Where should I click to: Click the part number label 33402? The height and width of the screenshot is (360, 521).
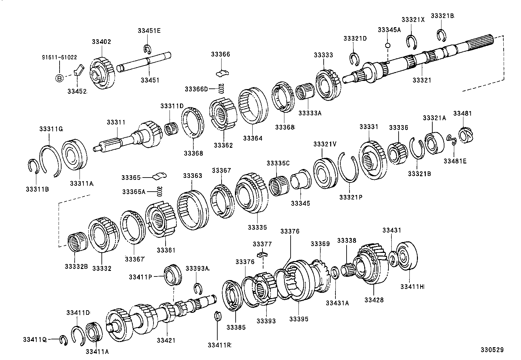click(101, 42)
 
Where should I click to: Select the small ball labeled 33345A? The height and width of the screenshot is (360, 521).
click(388, 45)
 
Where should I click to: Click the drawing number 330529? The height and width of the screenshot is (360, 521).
click(492, 350)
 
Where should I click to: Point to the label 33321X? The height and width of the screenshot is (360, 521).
click(413, 20)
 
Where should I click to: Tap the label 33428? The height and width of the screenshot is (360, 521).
click(374, 300)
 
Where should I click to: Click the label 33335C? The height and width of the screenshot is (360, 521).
click(278, 163)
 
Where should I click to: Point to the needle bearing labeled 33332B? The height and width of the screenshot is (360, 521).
click(77, 242)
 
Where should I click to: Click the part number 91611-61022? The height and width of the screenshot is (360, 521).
click(59, 57)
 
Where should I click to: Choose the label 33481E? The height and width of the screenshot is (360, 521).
click(455, 161)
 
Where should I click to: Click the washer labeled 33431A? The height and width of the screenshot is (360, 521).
click(334, 273)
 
